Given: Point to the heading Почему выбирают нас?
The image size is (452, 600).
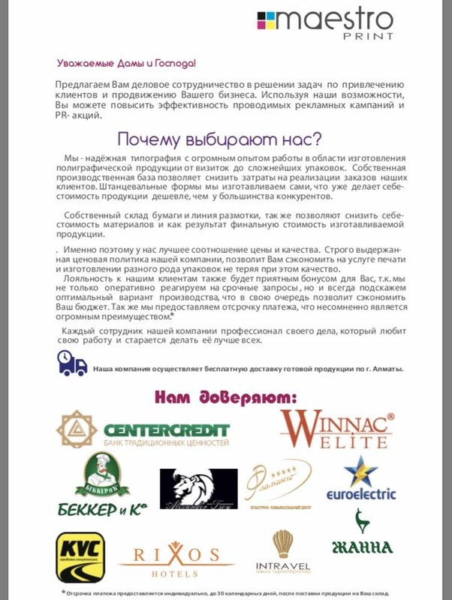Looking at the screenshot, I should pos(219,140).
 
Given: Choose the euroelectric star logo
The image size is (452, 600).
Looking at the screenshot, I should pos(361,471).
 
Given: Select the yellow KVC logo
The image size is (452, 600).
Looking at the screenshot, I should pos(80,557).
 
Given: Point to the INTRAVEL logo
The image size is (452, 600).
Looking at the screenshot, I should pos(282,556).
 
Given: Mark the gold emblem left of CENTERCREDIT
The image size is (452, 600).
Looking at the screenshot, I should pos(77,429).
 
